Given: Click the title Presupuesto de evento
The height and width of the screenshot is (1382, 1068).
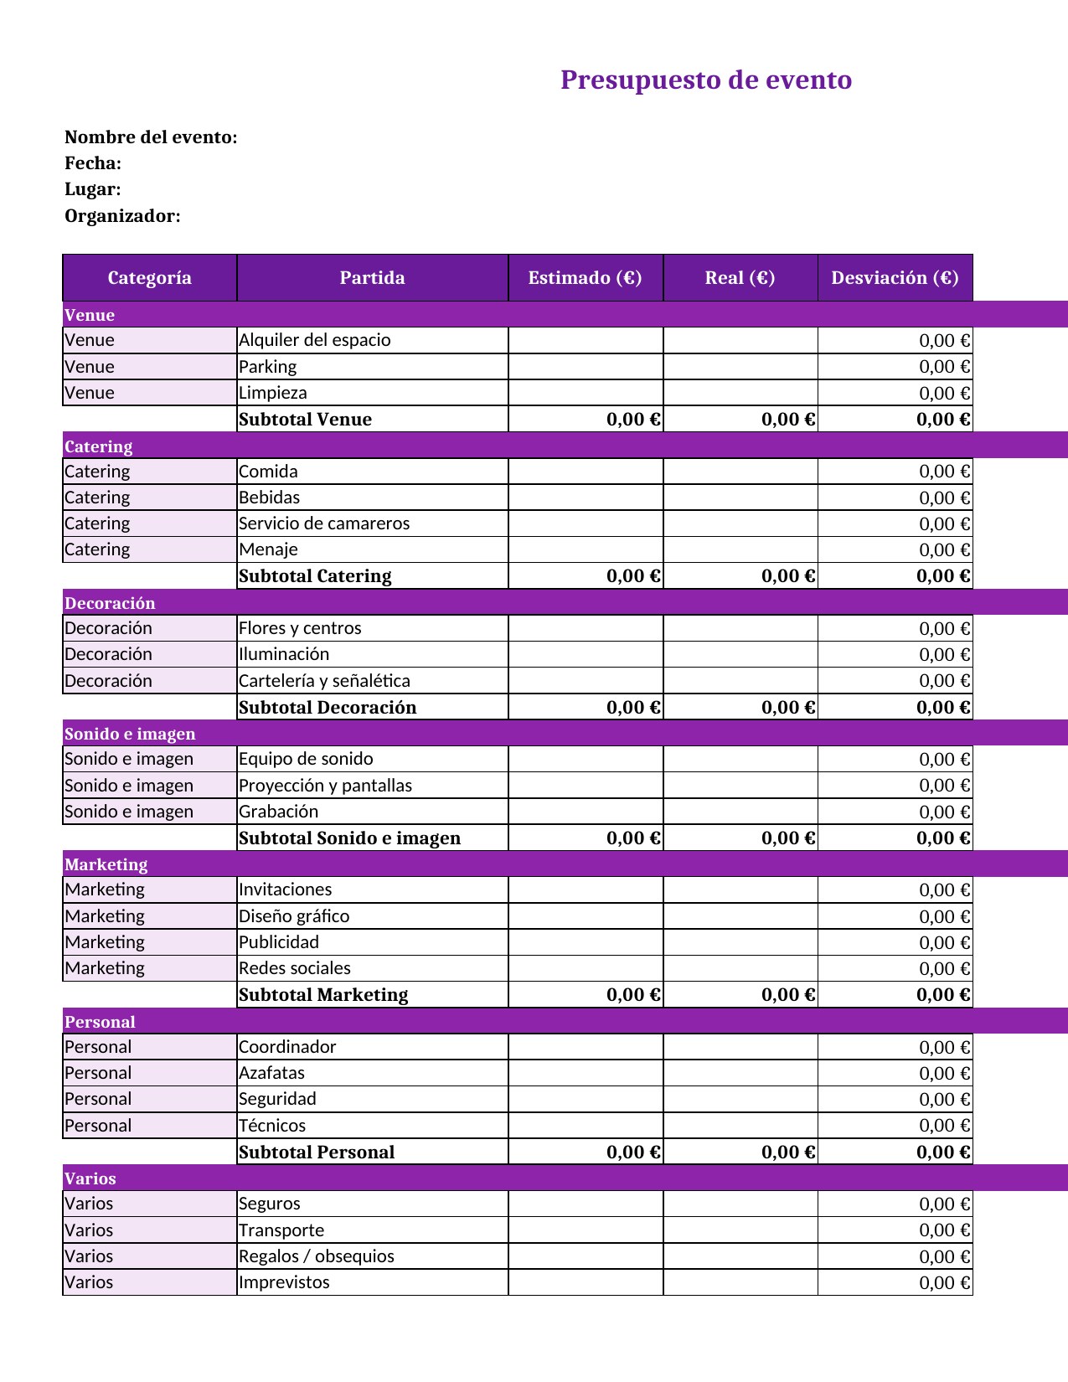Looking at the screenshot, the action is [x=706, y=80].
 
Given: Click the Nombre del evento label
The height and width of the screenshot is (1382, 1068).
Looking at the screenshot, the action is [x=151, y=137].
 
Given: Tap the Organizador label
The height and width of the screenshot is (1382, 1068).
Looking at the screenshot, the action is [x=122, y=216].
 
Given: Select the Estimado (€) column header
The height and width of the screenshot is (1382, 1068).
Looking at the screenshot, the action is [x=585, y=278].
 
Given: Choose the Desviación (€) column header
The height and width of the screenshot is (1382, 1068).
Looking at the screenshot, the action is [x=895, y=278].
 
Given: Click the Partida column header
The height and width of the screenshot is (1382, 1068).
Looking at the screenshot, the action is [x=372, y=278].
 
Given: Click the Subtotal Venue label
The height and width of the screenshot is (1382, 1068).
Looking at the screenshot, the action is [x=305, y=420].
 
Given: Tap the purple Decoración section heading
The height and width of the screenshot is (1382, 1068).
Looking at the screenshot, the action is [x=110, y=603].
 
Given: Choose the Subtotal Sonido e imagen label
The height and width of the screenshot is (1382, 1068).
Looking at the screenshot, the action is [x=349, y=838].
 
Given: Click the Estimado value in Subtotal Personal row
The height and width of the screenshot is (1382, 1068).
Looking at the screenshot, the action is [x=633, y=1153].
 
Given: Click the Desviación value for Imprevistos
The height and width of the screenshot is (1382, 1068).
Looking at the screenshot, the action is [x=944, y=1283].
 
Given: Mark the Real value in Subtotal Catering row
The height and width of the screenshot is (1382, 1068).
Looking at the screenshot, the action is [x=788, y=576].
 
